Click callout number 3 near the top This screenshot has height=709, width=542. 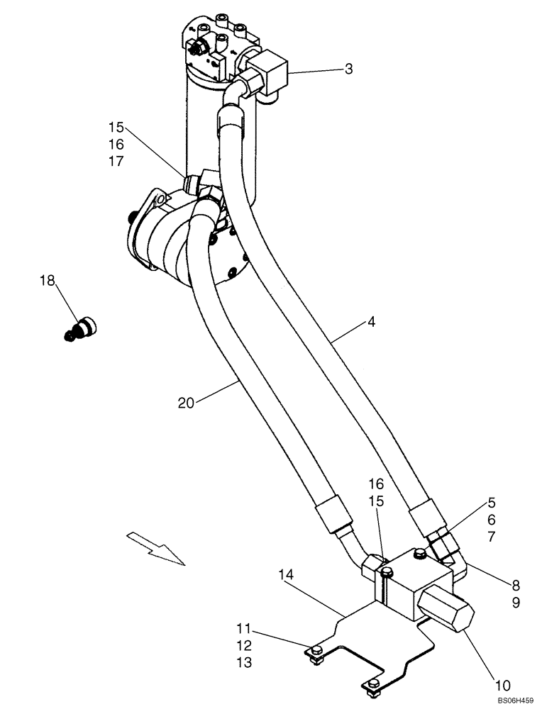click(x=349, y=69)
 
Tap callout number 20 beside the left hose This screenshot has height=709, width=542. click(x=187, y=403)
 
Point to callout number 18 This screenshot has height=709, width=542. click(x=47, y=281)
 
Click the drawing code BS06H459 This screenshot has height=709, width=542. click(x=513, y=700)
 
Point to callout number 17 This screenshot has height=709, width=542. click(x=116, y=161)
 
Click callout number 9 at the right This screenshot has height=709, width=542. click(x=516, y=603)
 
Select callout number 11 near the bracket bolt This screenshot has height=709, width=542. click(x=243, y=628)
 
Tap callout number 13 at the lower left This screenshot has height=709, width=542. click(x=243, y=662)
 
